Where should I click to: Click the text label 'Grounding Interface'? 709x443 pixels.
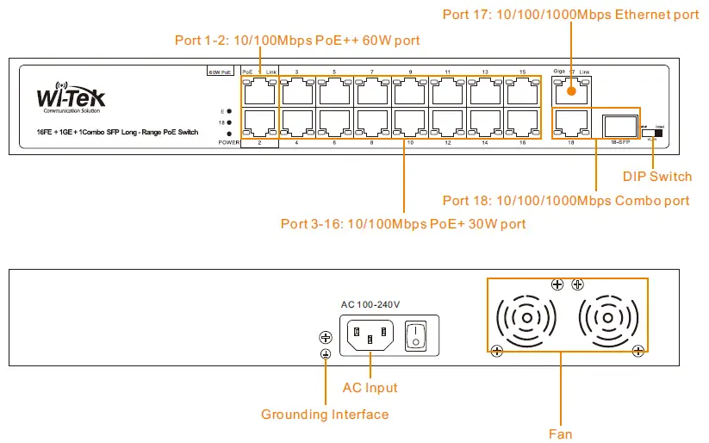325,415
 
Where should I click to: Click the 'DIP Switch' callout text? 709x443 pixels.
656,177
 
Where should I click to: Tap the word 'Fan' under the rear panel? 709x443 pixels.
560,434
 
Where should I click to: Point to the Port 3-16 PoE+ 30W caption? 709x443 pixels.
403,224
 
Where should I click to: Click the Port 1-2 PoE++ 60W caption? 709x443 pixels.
297,40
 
